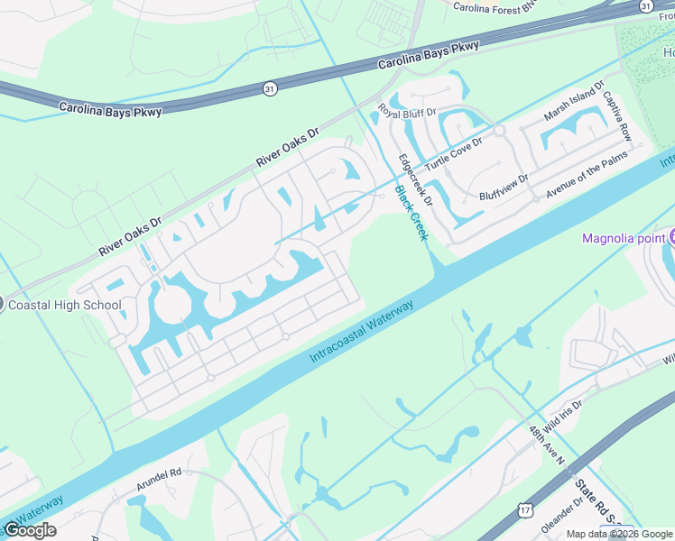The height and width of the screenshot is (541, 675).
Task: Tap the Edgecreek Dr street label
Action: (416, 180)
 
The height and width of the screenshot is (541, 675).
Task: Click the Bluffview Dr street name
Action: (503, 188)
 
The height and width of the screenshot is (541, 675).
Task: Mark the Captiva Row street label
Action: (617, 114)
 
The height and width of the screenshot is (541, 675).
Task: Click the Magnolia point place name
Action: (624, 238)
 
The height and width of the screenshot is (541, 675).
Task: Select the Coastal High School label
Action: (64, 305)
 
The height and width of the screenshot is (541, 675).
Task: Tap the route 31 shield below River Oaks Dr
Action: (269, 88)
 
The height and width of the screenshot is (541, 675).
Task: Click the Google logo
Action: (30, 530)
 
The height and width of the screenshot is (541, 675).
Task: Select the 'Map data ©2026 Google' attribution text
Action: (620, 534)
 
